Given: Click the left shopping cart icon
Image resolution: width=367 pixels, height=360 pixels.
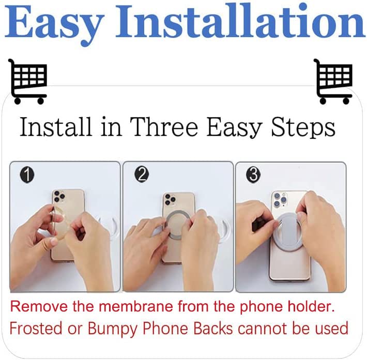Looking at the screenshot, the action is click(27, 81).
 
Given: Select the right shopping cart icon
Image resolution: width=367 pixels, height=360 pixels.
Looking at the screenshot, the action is click(333, 81).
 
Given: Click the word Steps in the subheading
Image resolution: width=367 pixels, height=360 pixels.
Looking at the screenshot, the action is click(303, 128).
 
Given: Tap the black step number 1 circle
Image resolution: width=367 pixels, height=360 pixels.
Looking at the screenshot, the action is click(27, 175).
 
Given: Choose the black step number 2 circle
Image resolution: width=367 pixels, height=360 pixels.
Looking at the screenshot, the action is click(142, 175).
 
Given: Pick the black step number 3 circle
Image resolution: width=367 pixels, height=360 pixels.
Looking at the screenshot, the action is click(253, 175).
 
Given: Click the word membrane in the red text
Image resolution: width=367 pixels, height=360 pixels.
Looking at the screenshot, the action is click(136, 306).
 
